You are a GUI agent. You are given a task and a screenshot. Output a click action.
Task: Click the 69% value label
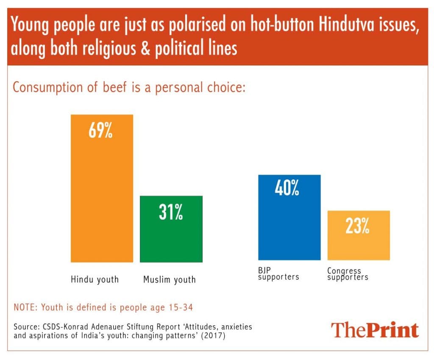click(100, 131)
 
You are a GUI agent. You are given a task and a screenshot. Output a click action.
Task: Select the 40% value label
click(287, 189)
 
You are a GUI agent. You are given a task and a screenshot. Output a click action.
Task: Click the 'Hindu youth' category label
click(95, 279)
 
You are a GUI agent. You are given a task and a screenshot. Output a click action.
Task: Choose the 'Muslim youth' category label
click(170, 279)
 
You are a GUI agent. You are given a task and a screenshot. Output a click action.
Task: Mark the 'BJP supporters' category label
click(278, 274)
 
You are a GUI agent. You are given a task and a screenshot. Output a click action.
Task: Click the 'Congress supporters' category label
click(348, 274)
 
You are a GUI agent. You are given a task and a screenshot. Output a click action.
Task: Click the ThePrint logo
click(375, 330)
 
